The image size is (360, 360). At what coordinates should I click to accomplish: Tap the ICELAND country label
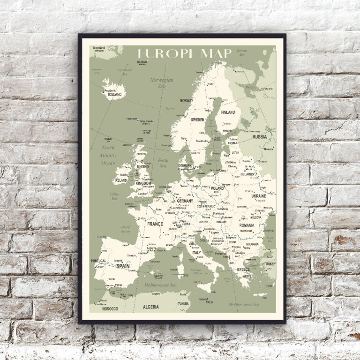(115, 94)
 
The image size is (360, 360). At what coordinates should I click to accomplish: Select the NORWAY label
(186, 100)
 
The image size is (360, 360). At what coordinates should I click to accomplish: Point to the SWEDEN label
(197, 120)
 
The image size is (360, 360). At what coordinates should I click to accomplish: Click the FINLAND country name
(228, 112)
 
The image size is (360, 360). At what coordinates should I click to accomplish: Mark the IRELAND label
(120, 180)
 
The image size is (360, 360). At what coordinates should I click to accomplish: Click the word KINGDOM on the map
(143, 183)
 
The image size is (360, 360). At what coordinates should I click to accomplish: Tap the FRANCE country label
(155, 224)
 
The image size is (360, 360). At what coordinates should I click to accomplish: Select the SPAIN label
(123, 266)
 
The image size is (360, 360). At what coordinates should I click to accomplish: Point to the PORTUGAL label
(99, 261)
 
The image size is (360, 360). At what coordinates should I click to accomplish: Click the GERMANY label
(185, 201)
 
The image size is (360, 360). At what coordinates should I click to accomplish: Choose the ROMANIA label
(247, 225)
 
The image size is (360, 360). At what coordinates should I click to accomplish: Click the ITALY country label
(196, 253)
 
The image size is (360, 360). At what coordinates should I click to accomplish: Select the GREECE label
(243, 270)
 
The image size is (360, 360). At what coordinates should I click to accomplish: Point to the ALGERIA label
(150, 307)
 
